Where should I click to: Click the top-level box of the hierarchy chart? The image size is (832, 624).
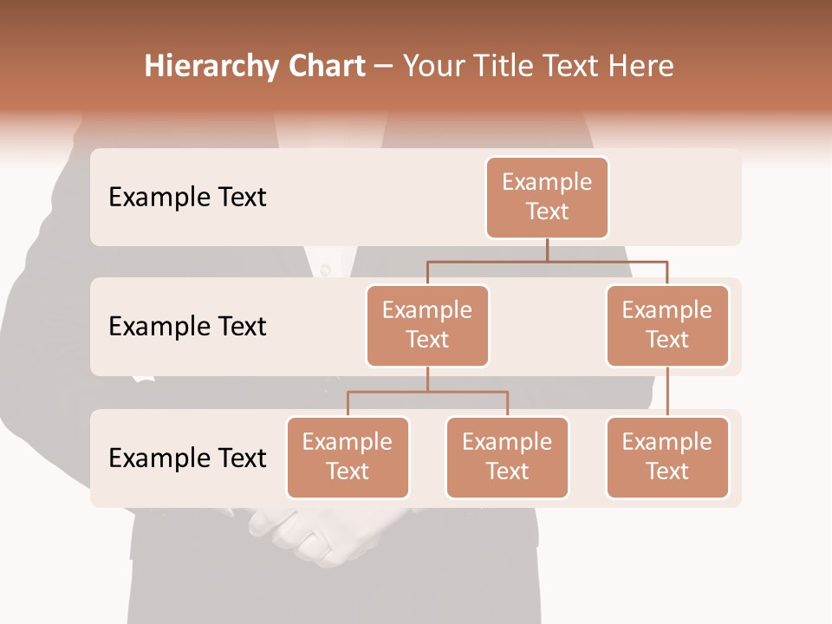[547, 197]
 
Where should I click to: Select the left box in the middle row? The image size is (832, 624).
[427, 325]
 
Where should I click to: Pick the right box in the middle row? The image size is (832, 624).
[667, 325]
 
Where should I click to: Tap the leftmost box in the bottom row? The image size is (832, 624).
[348, 457]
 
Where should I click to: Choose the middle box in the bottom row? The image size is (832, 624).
[507, 457]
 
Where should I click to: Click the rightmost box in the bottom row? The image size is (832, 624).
[667, 457]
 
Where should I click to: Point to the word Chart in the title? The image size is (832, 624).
[327, 67]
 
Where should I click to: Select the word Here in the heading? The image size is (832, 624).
[641, 67]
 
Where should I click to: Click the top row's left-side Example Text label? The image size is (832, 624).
[187, 198]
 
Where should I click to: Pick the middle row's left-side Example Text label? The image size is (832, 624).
[187, 327]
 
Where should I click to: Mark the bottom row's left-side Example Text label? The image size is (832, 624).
[187, 458]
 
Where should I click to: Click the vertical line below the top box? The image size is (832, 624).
[547, 250]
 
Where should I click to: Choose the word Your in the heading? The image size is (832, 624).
[432, 67]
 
